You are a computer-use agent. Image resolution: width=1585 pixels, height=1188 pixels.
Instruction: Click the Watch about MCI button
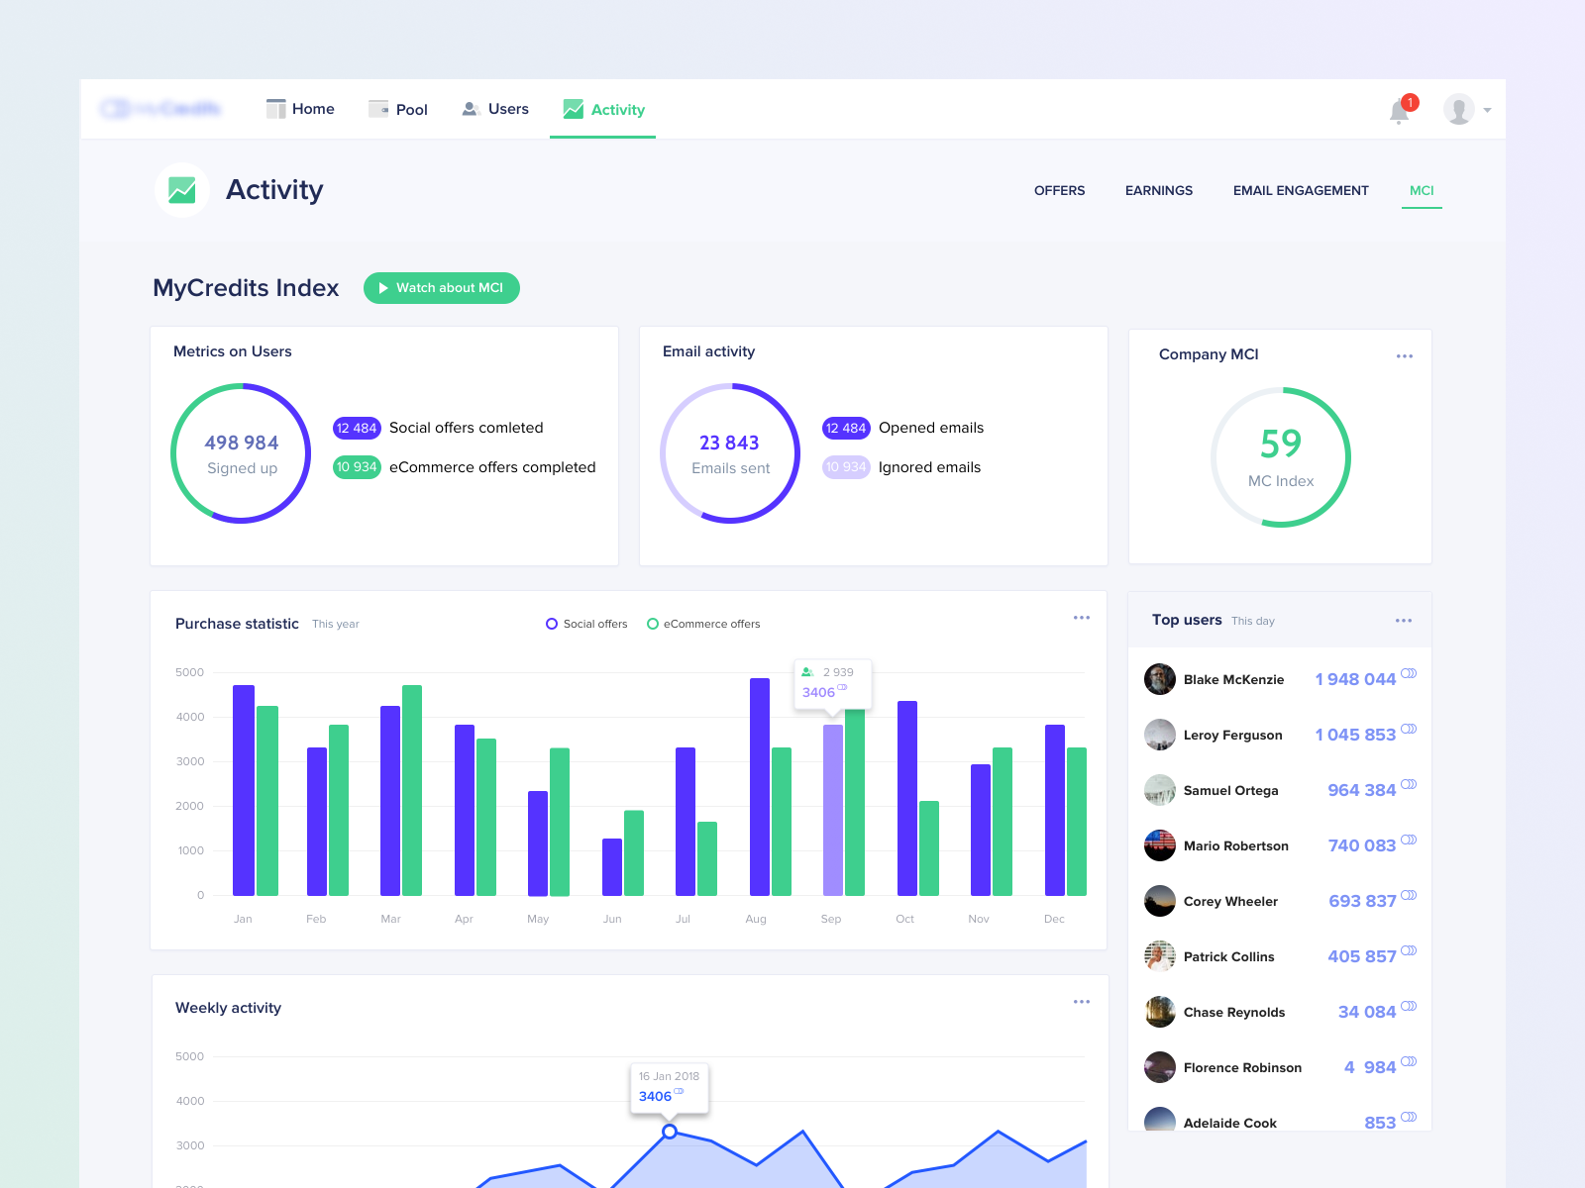[441, 288]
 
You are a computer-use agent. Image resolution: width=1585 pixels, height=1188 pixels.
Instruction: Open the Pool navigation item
[398, 109]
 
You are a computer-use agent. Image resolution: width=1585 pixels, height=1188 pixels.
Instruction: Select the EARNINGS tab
[1158, 190]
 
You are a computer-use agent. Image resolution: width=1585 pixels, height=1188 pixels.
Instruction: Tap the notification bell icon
[1399, 111]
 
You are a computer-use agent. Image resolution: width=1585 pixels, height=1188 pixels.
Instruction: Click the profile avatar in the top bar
[1458, 109]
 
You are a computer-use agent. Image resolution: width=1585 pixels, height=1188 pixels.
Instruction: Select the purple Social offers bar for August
[760, 786]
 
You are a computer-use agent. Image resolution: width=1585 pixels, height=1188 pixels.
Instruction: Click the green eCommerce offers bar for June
[634, 852]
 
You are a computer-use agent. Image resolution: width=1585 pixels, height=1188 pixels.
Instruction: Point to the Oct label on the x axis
[904, 919]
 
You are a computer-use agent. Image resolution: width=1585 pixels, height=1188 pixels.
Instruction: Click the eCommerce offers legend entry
[703, 624]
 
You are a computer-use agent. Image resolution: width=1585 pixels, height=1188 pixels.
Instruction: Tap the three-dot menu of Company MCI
[1404, 356]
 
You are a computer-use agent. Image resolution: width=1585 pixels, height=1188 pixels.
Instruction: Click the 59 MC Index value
[1280, 445]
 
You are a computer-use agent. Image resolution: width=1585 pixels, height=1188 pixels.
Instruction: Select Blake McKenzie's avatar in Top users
[1159, 679]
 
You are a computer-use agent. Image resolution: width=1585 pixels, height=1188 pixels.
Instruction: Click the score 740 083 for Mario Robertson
[1361, 845]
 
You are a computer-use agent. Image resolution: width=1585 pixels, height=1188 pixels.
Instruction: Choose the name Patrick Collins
[1228, 956]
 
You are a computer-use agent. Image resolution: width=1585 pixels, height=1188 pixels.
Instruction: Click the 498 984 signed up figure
[242, 443]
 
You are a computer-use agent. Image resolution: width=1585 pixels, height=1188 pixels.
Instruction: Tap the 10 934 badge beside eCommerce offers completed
[357, 467]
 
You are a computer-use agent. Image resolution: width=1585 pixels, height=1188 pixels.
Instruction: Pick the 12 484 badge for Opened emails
[845, 428]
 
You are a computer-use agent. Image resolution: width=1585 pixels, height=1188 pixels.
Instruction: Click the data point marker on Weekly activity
[670, 1131]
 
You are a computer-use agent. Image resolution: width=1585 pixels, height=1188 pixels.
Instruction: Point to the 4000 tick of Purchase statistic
[190, 717]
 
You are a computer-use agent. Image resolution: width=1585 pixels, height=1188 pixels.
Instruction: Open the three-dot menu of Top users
[1403, 621]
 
